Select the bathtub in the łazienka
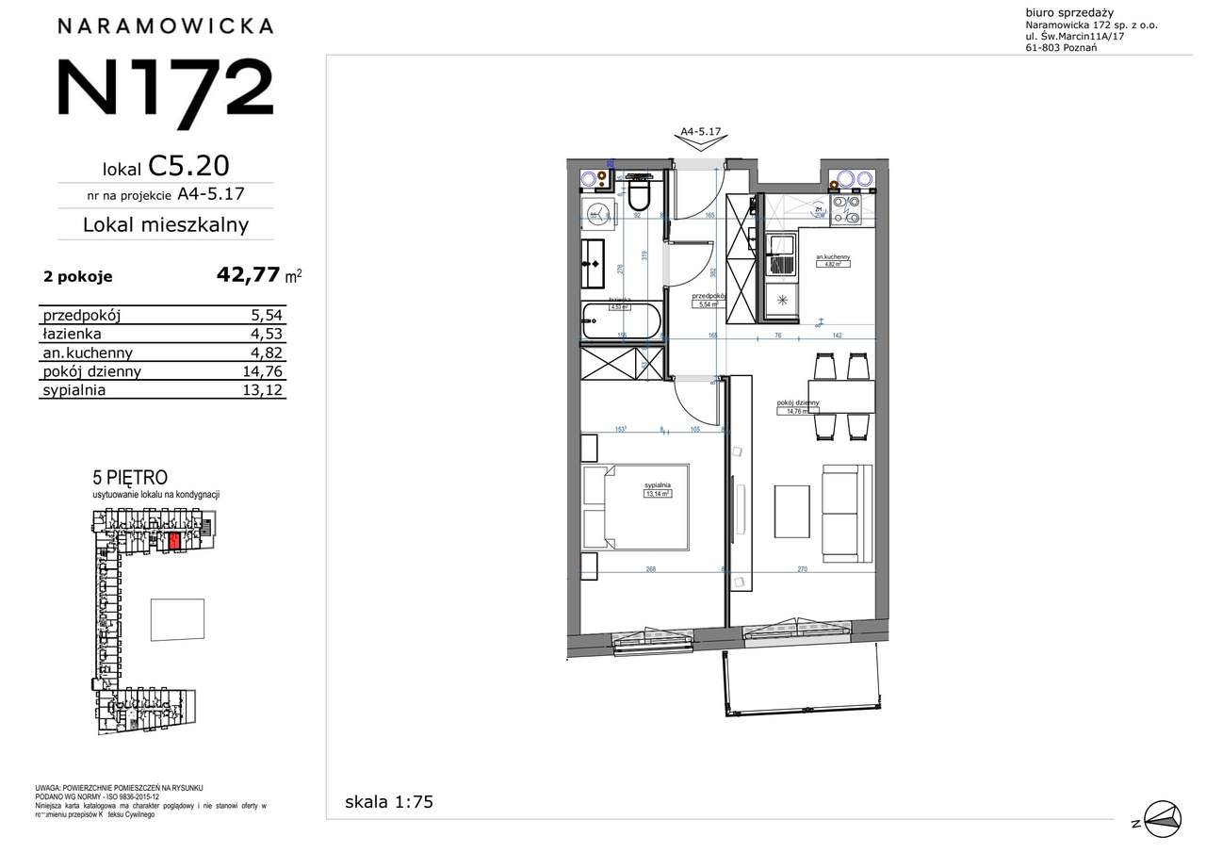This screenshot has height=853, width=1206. [620, 322]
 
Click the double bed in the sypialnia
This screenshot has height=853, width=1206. [635, 506]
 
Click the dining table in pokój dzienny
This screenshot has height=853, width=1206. [839, 397]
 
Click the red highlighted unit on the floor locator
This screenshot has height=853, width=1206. [173, 541]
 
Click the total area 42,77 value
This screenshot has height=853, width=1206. [248, 275]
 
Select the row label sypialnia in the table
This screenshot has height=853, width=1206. [73, 389]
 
